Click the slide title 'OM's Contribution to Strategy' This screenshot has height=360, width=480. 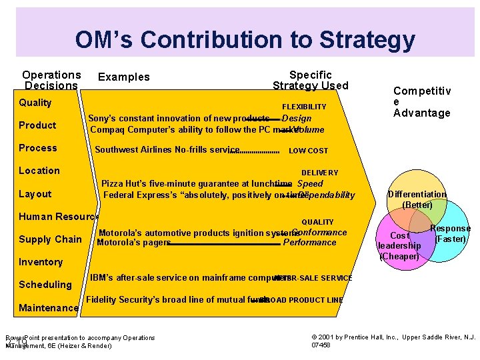244,39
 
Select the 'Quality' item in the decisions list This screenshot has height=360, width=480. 35,103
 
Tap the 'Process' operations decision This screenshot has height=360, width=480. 38,148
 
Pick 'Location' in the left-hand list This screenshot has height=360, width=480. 39,171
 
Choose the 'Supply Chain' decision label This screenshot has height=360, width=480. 50,239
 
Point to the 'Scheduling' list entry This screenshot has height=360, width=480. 45,285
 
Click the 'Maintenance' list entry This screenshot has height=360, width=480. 49,308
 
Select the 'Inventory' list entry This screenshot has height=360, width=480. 41,262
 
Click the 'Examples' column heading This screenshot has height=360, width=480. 124,77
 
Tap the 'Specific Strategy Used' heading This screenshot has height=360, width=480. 310,80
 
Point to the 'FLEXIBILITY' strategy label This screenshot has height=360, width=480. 304,107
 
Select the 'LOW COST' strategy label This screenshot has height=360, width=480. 308,151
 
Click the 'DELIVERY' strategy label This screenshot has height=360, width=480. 319,173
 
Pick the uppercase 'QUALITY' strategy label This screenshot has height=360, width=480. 317,222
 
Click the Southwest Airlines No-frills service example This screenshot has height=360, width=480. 167,150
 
